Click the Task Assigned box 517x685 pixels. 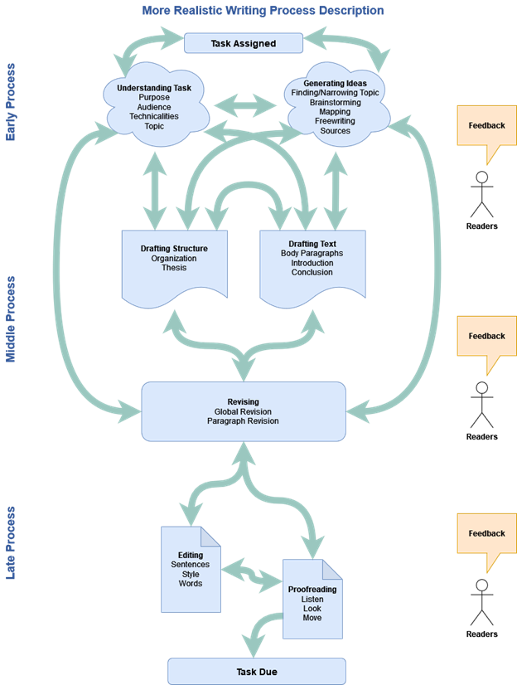click(243, 43)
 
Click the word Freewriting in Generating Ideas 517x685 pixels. click(336, 121)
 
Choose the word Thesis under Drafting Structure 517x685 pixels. click(174, 268)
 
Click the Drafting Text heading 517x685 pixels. click(312, 244)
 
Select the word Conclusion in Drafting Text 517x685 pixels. click(312, 273)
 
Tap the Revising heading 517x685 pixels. click(243, 402)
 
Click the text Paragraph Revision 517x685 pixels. click(243, 421)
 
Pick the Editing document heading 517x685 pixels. click(191, 555)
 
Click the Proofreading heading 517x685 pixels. click(312, 589)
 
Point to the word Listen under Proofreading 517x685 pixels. click(312, 599)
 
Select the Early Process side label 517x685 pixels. click(11, 102)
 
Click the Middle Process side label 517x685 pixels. click(11, 319)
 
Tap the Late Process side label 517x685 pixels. click(11, 542)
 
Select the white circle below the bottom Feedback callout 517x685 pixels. click(481, 585)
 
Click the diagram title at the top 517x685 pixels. click(263, 11)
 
